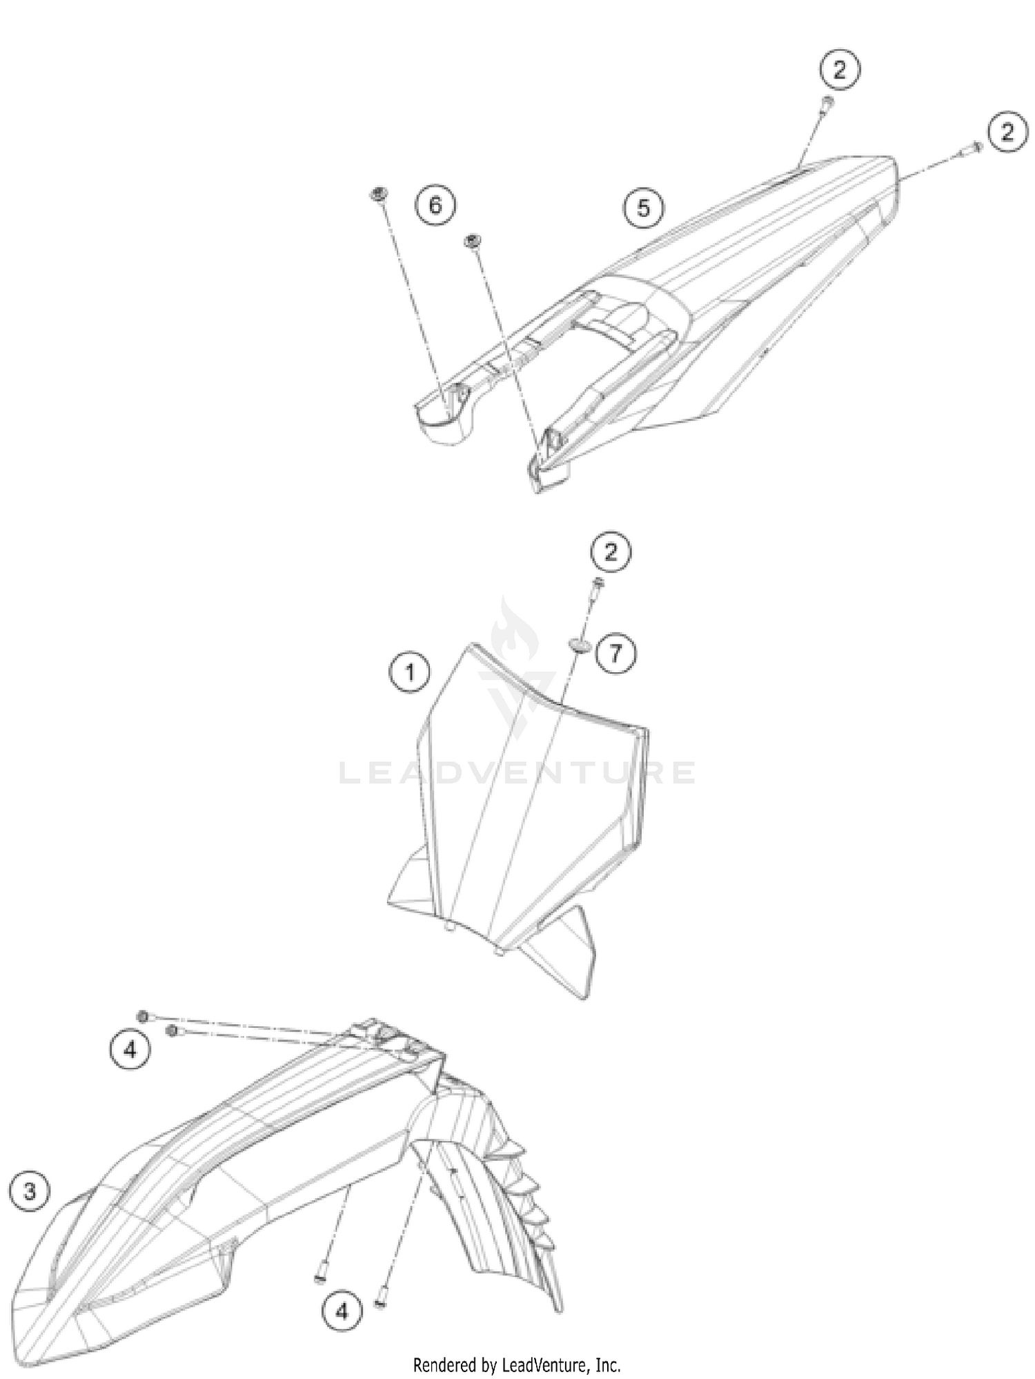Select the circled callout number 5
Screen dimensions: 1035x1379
(x=644, y=207)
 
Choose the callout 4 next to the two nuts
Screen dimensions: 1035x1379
(x=130, y=1050)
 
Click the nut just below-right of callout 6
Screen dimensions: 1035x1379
(x=473, y=241)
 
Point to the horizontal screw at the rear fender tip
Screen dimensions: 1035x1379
(x=969, y=147)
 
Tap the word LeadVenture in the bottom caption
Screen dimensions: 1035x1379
(x=544, y=1365)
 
